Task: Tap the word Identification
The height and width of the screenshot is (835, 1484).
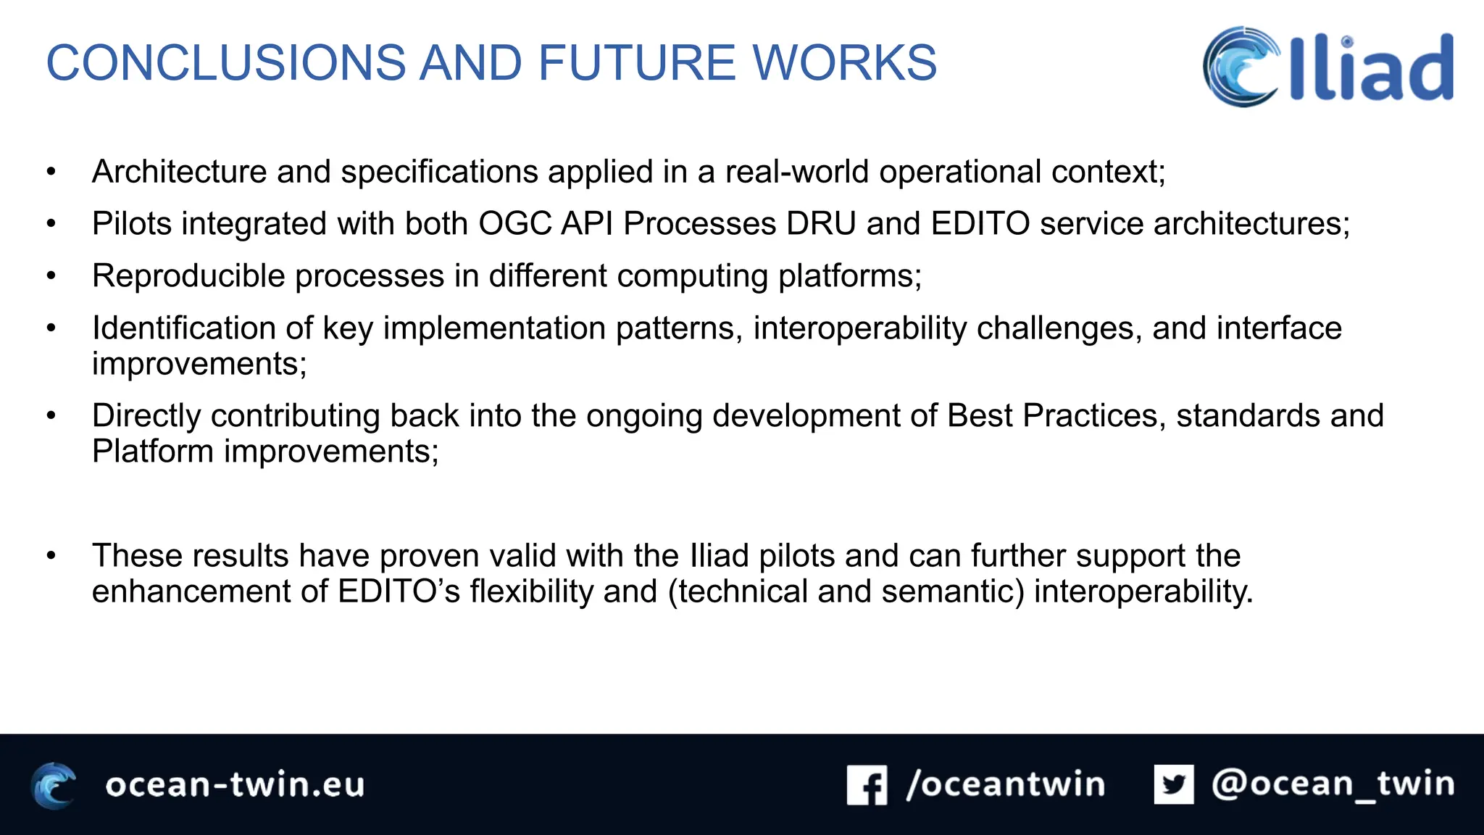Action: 183,328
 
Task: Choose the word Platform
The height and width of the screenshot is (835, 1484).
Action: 152,452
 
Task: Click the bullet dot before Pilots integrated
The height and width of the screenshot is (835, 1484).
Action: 51,224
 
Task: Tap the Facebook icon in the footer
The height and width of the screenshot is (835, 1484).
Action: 867,785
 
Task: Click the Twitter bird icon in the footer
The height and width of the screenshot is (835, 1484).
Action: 1174,784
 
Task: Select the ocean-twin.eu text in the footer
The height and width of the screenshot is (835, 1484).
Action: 235,785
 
